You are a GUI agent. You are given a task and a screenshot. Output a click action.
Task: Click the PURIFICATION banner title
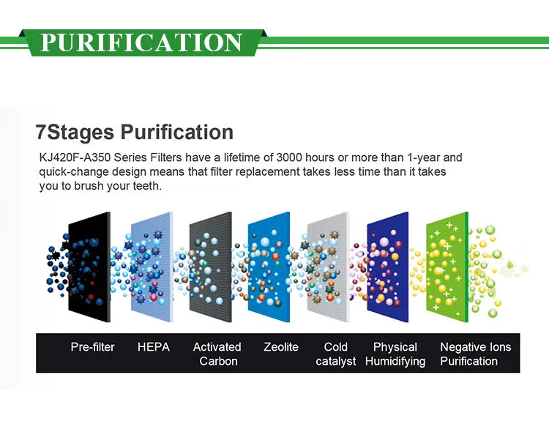point(141,42)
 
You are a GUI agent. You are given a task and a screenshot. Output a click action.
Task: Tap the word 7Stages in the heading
point(75,133)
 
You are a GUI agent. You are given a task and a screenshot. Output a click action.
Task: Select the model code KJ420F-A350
point(75,157)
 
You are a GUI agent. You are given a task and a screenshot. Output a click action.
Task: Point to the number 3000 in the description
point(288,157)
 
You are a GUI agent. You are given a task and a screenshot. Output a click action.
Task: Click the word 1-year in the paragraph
point(423,157)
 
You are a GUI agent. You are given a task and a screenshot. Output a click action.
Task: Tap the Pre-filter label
point(92,347)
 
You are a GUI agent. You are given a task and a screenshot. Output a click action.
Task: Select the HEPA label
point(154,347)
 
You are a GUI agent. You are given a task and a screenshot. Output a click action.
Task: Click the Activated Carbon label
point(217,354)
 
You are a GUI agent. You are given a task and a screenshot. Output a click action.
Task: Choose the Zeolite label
point(281,347)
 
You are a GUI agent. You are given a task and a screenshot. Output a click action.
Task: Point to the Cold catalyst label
point(336,354)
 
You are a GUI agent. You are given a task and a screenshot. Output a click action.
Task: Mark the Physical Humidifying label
point(395,354)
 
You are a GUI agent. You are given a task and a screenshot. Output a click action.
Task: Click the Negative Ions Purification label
point(476,354)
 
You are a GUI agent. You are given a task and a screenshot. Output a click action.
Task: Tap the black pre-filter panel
point(89,267)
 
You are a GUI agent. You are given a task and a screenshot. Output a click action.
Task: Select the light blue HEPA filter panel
point(152,267)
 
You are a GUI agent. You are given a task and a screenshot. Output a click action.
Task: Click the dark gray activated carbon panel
point(210,267)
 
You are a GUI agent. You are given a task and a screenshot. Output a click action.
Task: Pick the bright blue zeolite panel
point(269,267)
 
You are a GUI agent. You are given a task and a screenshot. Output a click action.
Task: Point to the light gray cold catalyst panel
point(329,267)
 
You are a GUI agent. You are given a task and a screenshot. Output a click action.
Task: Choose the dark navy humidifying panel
point(387,267)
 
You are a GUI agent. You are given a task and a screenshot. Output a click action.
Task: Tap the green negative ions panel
point(447,267)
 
